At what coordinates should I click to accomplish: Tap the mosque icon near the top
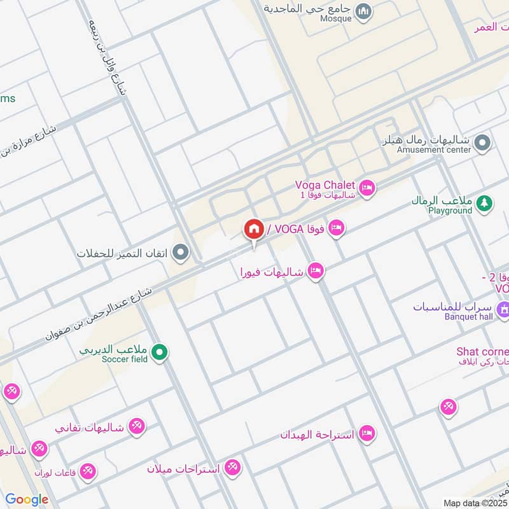point(363,11)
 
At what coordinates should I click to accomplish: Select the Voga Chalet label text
point(324,185)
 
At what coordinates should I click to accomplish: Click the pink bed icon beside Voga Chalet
point(366,188)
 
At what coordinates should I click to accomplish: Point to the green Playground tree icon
point(484,202)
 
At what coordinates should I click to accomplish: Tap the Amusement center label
point(434,150)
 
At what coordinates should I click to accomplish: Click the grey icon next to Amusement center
point(482,143)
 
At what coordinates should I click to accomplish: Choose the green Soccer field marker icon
point(161,352)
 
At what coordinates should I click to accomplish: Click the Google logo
point(27,499)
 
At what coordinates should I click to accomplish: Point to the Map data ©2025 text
point(475,503)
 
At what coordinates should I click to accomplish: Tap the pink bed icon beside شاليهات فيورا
point(315,272)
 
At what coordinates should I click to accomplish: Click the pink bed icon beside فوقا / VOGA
point(337,227)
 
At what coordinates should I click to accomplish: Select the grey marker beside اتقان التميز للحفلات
point(181,253)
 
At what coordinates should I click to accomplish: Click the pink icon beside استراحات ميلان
point(233,468)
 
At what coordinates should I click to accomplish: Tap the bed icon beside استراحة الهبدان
point(366,434)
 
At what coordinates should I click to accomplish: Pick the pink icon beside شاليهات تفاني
point(136,426)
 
